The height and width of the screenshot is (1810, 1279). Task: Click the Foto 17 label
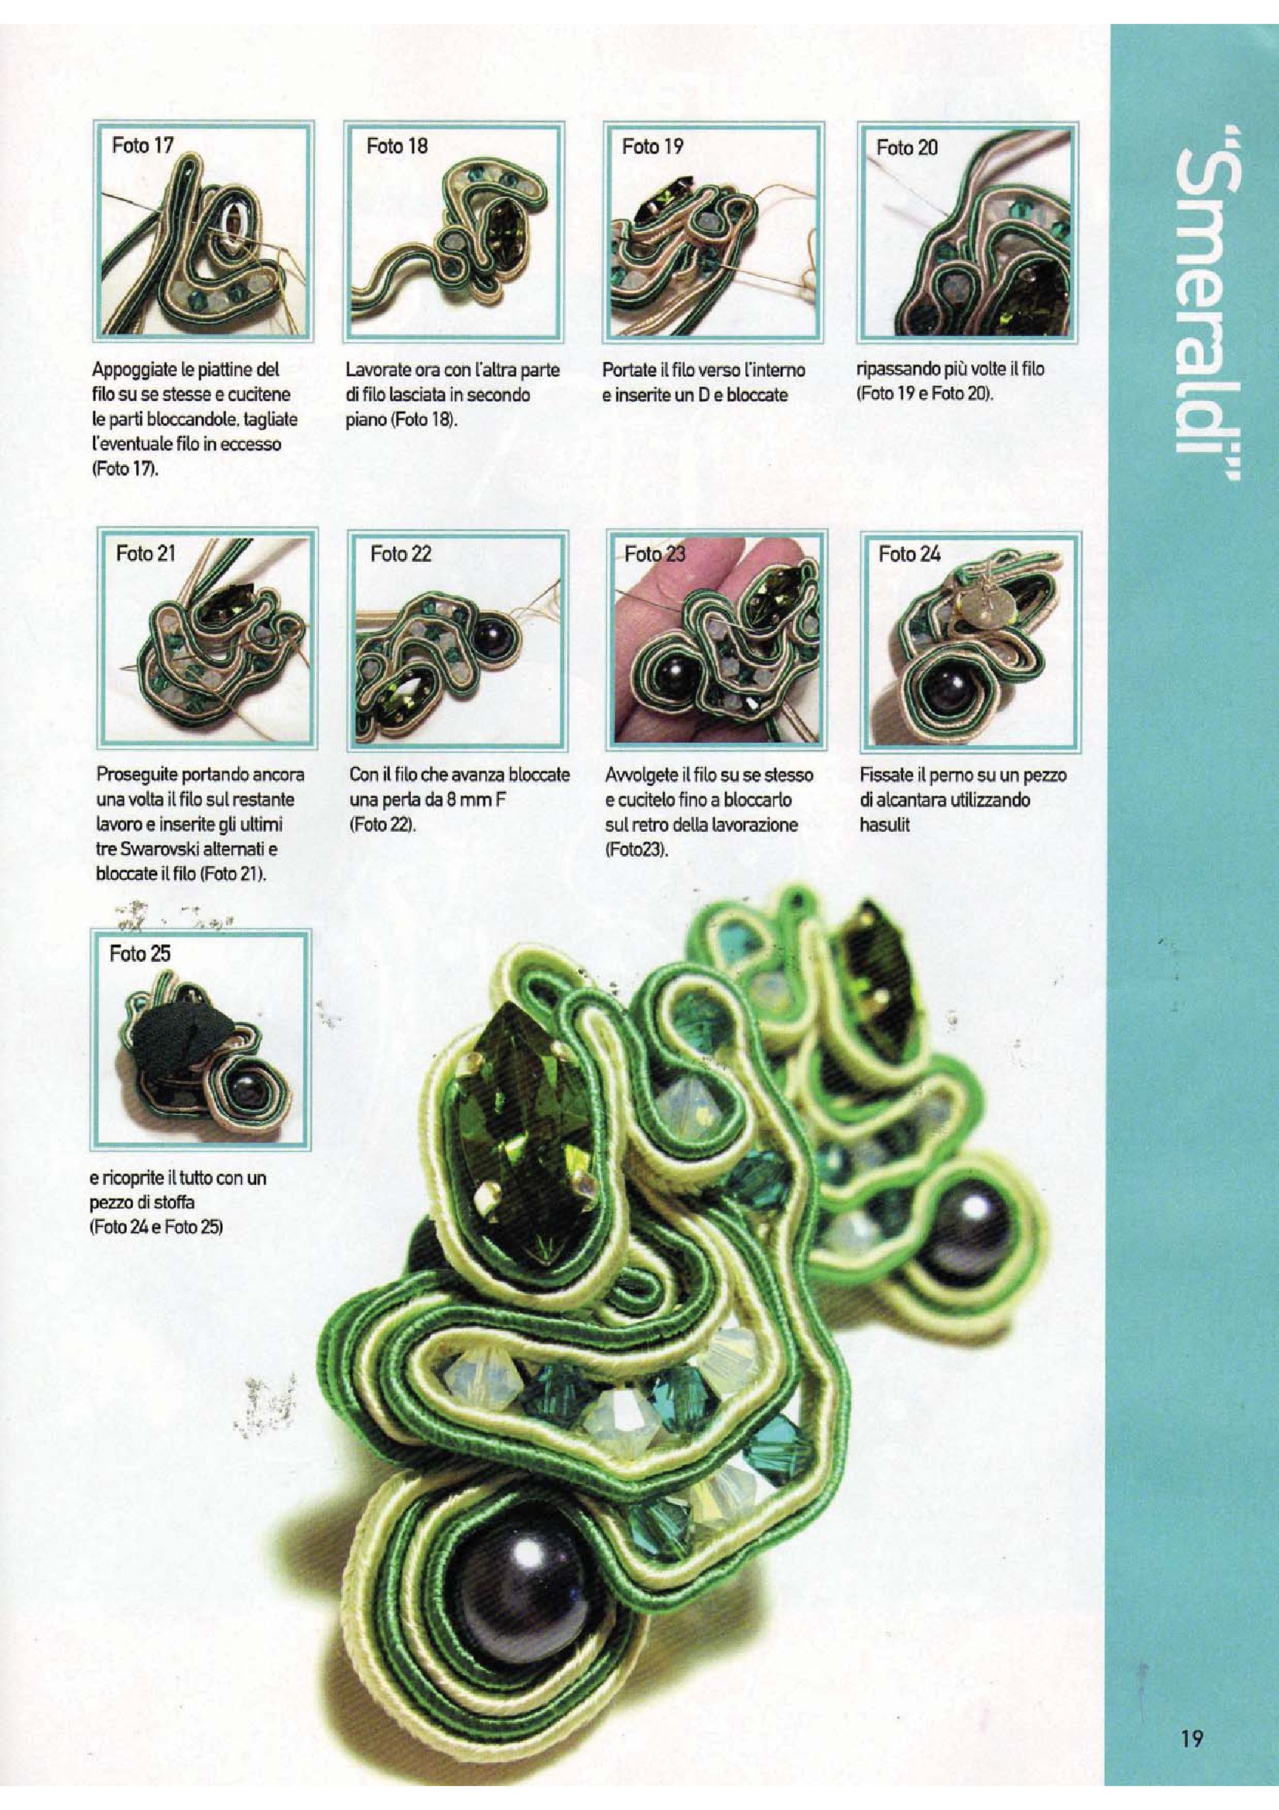(x=142, y=145)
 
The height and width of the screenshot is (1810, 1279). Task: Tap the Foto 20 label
(x=907, y=148)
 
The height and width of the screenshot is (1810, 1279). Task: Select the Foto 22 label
(x=401, y=554)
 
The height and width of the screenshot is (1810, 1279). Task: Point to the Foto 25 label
(x=140, y=954)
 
